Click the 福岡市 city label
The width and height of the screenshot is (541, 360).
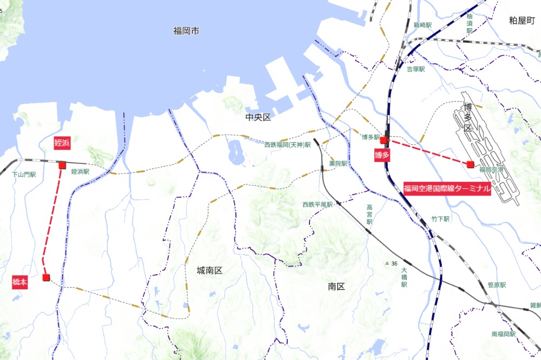(x=186, y=31)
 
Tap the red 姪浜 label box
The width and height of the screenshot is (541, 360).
(x=60, y=143)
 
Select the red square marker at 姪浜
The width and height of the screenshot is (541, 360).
(x=62, y=165)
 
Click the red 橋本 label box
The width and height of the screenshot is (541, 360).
(x=20, y=282)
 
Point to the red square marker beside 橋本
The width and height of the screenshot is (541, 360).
(x=46, y=277)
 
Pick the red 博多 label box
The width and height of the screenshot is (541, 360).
(x=382, y=155)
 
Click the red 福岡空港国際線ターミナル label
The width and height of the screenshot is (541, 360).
(x=447, y=189)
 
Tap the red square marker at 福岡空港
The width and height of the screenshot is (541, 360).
(x=471, y=164)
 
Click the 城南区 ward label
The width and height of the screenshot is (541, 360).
(x=209, y=270)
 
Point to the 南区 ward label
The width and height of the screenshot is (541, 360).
(x=336, y=286)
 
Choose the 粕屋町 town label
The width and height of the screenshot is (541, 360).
(x=522, y=21)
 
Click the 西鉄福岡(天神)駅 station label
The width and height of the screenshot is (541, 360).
(x=287, y=145)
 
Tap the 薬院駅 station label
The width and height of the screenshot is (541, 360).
(x=338, y=163)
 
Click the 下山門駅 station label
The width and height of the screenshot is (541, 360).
(x=24, y=175)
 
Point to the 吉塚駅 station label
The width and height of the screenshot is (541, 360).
(x=415, y=69)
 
